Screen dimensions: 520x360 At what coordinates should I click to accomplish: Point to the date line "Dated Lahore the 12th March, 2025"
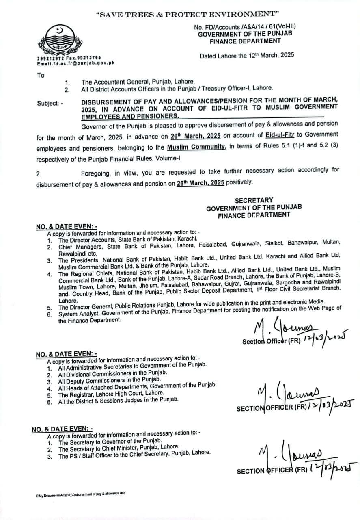click(x=247, y=55)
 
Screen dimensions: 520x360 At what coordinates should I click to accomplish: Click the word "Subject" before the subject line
click(x=48, y=103)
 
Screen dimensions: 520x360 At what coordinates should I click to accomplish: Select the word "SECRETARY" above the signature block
click(x=254, y=200)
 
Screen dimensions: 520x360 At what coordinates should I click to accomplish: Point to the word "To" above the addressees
click(x=41, y=75)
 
